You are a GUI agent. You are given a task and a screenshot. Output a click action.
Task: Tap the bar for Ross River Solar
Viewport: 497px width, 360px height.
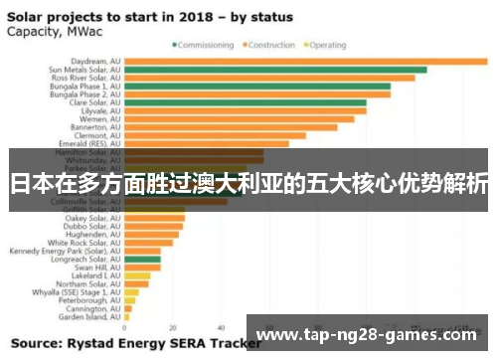point(268,78)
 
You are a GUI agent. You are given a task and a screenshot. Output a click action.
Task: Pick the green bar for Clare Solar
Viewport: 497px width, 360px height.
point(245,102)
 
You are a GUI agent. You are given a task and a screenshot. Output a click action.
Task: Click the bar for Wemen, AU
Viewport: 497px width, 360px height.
point(239,119)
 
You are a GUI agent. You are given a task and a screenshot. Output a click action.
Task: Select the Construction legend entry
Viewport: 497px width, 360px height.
point(270,45)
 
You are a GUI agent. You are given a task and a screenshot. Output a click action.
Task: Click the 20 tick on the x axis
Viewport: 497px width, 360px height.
point(172,327)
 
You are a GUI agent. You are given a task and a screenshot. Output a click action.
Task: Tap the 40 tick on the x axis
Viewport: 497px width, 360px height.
point(221,327)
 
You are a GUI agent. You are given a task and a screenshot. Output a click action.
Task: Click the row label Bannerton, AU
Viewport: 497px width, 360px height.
point(95,127)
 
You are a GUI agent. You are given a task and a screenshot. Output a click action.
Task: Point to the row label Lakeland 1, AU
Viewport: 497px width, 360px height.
point(96,275)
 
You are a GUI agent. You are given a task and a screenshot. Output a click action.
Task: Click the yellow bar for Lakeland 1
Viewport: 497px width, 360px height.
point(137,275)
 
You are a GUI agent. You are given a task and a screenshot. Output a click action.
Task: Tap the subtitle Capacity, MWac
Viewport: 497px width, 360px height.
point(46,31)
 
